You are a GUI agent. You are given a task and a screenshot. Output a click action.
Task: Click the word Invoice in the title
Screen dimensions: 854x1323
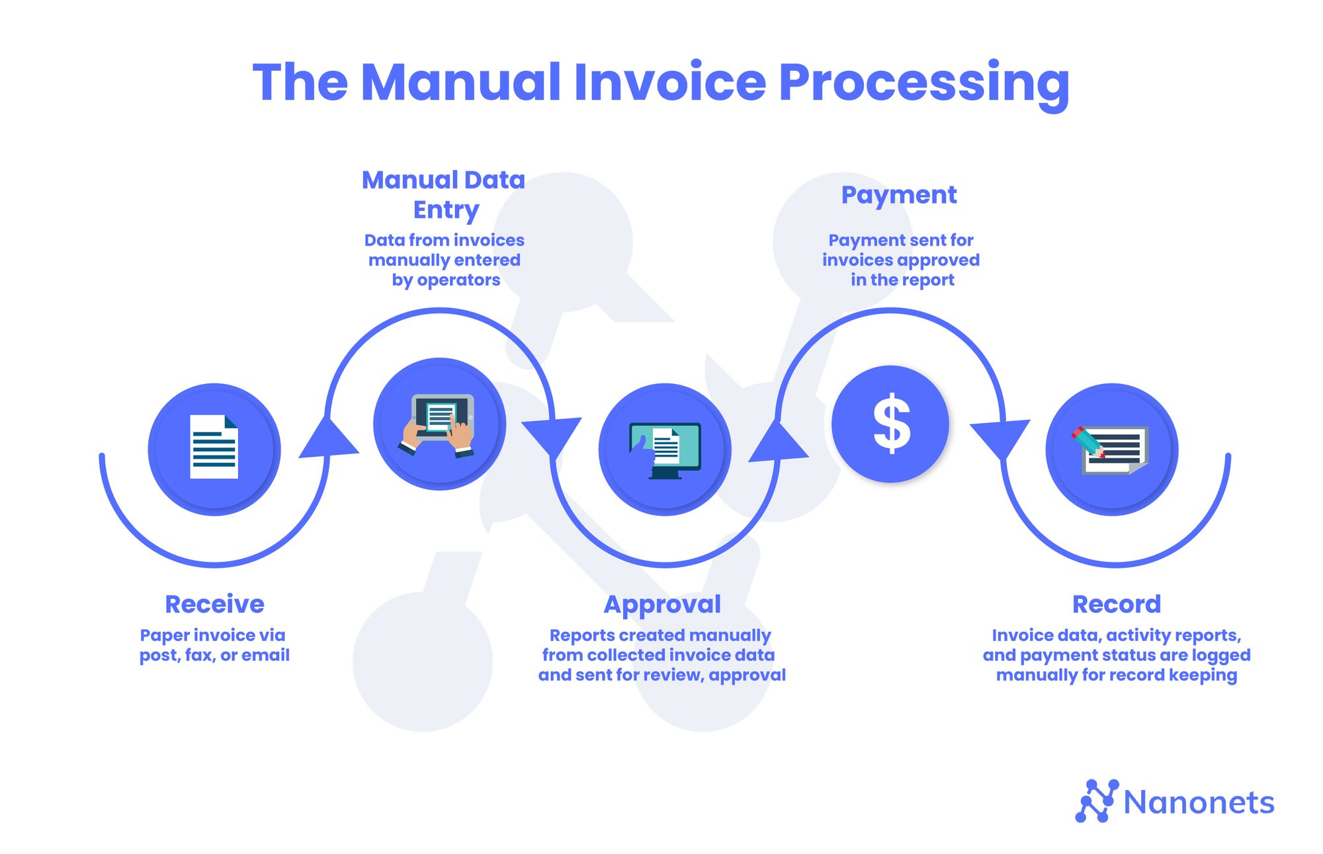pyautogui.click(x=669, y=82)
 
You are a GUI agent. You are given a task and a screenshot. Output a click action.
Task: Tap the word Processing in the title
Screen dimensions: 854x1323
pyautogui.click(x=923, y=83)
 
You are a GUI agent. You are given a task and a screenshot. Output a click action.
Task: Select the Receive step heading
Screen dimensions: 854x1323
pyautogui.click(x=214, y=604)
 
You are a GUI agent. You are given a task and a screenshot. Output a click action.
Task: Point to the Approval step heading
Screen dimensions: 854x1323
pyautogui.click(x=662, y=604)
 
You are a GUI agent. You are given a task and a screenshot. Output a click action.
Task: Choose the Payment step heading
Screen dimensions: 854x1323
pyautogui.click(x=898, y=195)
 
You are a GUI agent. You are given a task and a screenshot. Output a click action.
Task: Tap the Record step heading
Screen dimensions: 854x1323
pyautogui.click(x=1116, y=604)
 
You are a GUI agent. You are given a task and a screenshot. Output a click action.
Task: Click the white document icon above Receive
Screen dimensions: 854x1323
pyautogui.click(x=214, y=447)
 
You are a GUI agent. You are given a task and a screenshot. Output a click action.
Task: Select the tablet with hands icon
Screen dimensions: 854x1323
pyautogui.click(x=439, y=425)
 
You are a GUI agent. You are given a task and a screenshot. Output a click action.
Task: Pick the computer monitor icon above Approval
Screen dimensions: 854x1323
pyautogui.click(x=665, y=449)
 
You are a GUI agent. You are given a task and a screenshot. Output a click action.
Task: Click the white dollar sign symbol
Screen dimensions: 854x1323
pyautogui.click(x=891, y=424)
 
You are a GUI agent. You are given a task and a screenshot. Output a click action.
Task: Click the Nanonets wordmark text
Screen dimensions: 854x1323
pyautogui.click(x=1199, y=802)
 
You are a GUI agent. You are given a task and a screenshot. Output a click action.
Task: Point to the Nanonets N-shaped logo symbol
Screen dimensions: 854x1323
pyautogui.click(x=1096, y=800)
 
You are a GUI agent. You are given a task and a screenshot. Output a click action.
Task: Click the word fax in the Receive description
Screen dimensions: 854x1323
pyautogui.click(x=198, y=655)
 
